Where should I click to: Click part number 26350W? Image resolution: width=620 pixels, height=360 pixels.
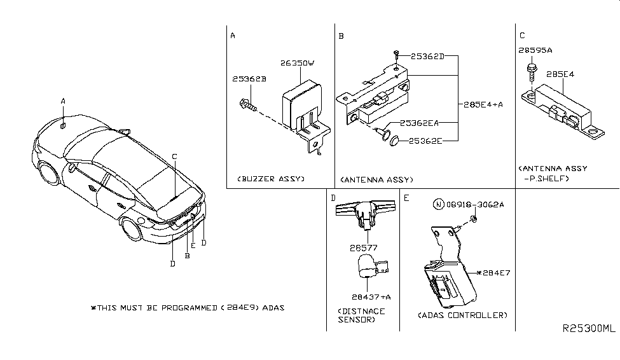click(x=298, y=63)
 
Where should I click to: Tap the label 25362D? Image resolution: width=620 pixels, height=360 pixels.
click(x=426, y=57)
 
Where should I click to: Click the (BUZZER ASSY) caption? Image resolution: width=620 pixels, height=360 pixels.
click(x=270, y=179)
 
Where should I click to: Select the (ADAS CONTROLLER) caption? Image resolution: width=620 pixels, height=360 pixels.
click(x=462, y=315)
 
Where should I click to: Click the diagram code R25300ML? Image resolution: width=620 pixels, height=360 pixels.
click(x=589, y=329)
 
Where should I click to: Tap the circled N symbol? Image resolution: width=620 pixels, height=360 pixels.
click(x=437, y=205)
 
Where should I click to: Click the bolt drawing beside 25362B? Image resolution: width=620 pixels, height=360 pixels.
click(x=247, y=104)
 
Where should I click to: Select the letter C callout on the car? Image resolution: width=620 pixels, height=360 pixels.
click(x=174, y=156)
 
